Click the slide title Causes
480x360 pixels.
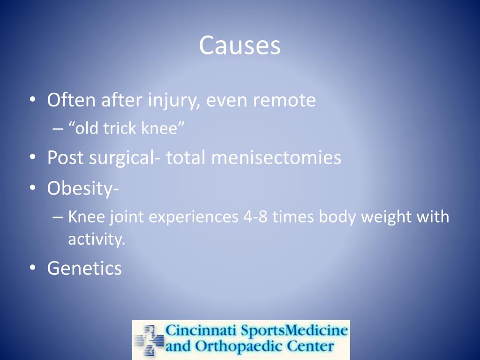click(240, 45)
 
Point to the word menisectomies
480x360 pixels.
click(276, 157)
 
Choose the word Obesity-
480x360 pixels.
click(83, 188)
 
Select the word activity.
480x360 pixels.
click(97, 240)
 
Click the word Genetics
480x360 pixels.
click(84, 269)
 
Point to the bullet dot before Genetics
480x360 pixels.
click(32, 269)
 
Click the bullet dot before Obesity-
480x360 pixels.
click(32, 188)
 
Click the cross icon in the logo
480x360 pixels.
click(149, 340)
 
